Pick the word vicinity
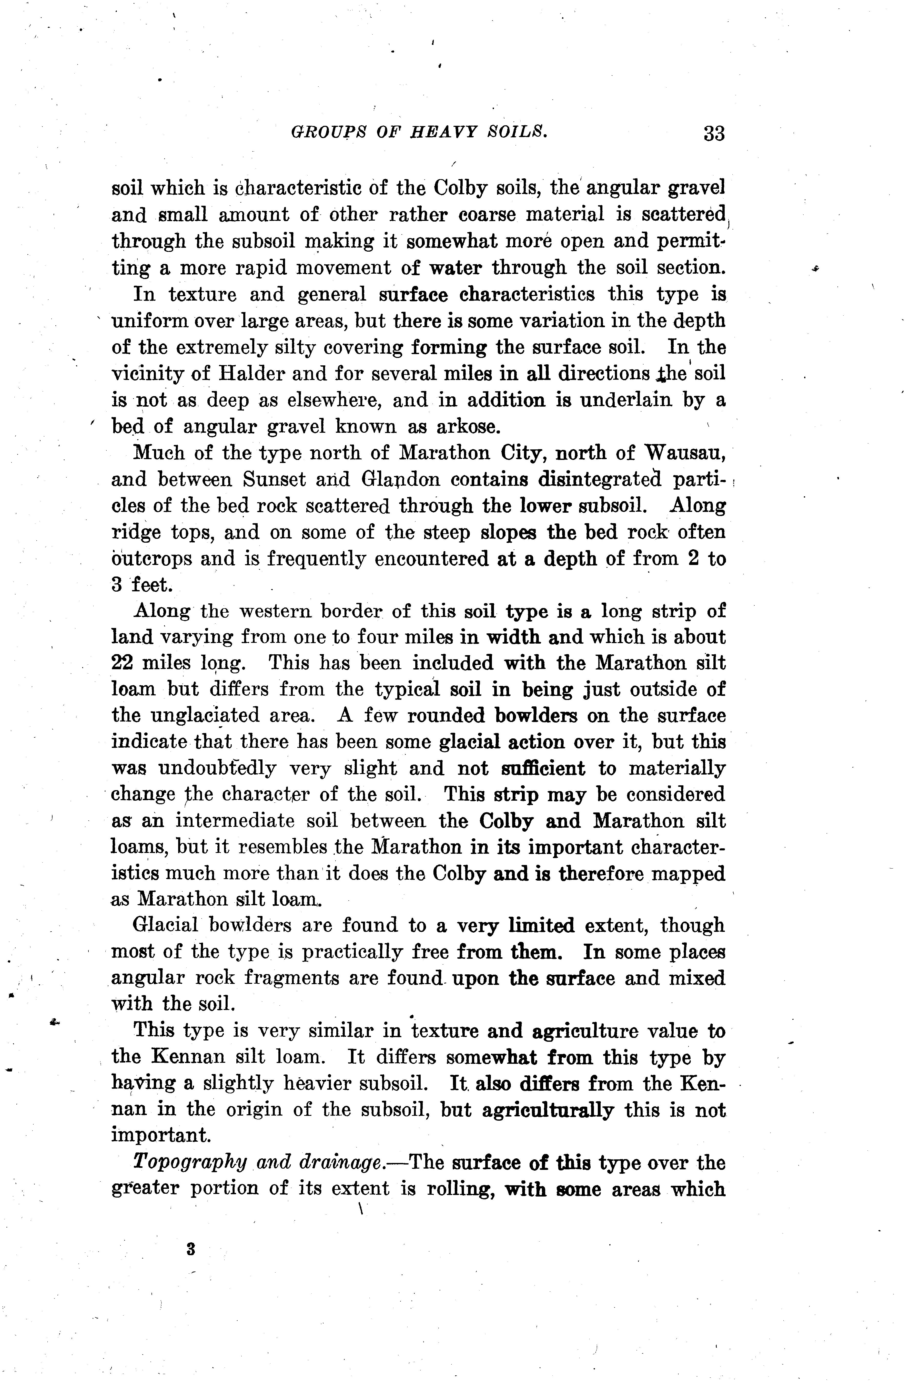click(x=145, y=374)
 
